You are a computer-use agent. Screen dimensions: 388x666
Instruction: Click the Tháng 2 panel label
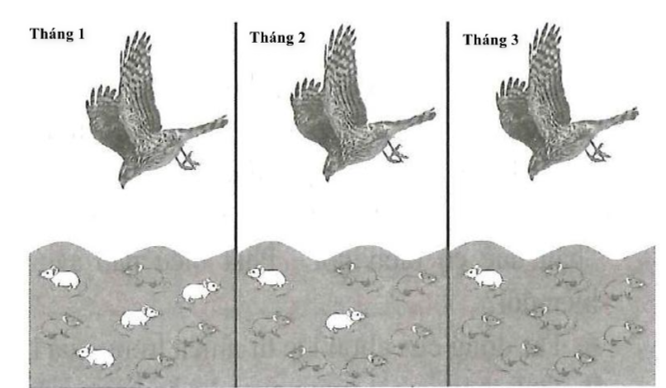[x=273, y=39]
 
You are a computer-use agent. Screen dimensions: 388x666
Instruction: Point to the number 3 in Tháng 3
[x=515, y=39]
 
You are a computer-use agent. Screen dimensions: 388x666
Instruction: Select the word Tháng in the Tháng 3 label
[x=485, y=39]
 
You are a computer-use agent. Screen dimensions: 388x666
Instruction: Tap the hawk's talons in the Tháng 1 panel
[x=189, y=159]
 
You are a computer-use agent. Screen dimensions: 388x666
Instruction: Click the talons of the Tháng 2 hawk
[x=395, y=154]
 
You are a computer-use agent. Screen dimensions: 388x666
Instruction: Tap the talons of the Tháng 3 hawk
[x=598, y=152]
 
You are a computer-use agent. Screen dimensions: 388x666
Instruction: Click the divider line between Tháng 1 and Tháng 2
[x=237, y=198]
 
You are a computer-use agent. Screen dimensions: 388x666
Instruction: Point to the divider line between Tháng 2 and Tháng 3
[x=448, y=198]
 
